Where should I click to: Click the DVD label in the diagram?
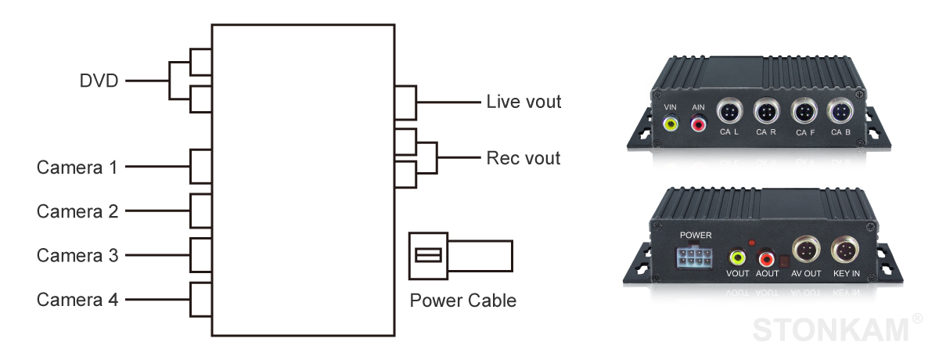98,80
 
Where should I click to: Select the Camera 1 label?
77,167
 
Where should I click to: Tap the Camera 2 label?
77,211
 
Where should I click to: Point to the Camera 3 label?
77,255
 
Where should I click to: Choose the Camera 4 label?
77,299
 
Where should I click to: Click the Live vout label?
523,102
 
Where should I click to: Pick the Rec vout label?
523,158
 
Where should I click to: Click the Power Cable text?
463,301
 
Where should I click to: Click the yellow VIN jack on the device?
671,123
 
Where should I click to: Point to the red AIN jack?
697,123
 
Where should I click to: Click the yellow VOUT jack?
737,256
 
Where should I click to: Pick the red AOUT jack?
764,256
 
